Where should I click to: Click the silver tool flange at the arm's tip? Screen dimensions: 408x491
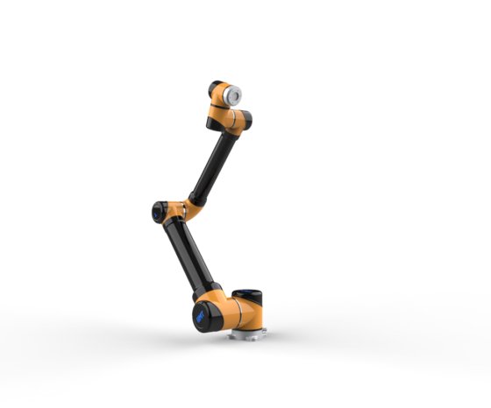pyautogui.click(x=235, y=94)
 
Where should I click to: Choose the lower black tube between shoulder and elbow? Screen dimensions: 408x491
pyautogui.click(x=189, y=254)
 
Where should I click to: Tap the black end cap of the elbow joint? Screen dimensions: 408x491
pyautogui.click(x=158, y=211)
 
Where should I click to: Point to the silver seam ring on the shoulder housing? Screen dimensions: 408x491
pyautogui.click(x=231, y=311)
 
